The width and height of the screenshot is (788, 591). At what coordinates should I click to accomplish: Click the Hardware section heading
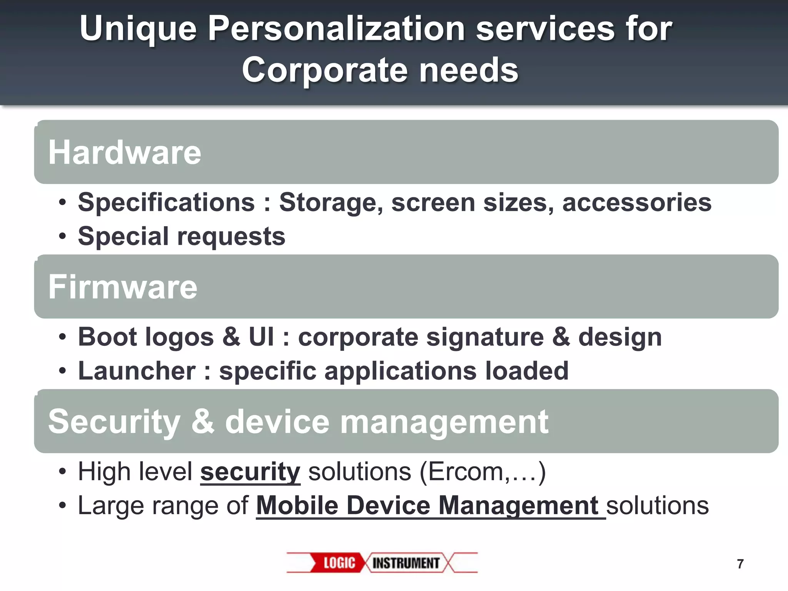pos(125,152)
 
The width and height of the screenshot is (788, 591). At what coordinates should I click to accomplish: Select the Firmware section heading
pos(123,287)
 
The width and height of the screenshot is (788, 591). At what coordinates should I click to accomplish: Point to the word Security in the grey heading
pos(114,422)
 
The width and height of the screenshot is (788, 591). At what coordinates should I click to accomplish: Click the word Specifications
pos(166,202)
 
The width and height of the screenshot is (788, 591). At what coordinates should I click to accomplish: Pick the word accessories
pos(637,202)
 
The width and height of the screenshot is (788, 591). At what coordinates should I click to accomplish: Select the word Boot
pos(107,337)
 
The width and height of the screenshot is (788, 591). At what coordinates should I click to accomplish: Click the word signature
pos(485,337)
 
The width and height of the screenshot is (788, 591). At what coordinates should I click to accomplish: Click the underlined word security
pos(250,472)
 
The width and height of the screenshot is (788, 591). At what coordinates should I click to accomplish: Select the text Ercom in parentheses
pos(465,472)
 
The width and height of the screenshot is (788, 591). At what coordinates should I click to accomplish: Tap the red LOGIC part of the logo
pos(339,563)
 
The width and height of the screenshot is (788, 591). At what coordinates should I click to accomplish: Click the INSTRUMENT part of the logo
pos(406,563)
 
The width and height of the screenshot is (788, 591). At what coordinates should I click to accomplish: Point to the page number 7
pos(740,564)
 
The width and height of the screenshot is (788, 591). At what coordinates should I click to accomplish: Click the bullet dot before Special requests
pos(62,236)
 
